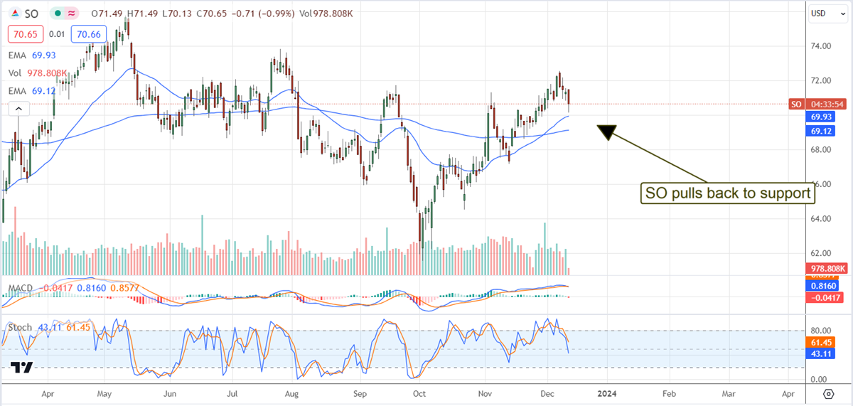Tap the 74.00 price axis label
click(x=821, y=46)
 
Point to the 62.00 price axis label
click(x=821, y=253)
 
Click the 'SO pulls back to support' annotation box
click(x=726, y=192)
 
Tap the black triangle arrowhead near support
click(x=606, y=132)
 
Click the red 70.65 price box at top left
click(x=23, y=33)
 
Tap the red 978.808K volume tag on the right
click(x=827, y=269)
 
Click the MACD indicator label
click(x=18, y=288)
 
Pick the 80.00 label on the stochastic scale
click(x=821, y=331)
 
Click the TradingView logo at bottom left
click(x=22, y=368)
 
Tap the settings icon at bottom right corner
click(x=828, y=393)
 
